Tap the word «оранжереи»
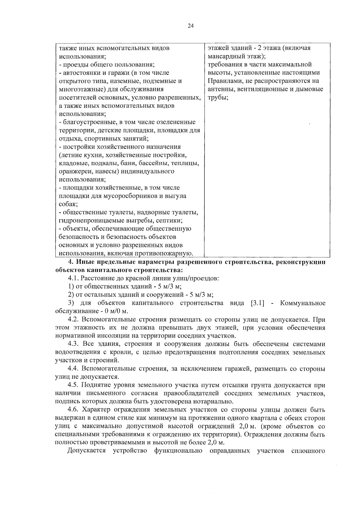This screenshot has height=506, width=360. click(x=73, y=171)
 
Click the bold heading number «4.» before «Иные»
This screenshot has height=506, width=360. click(x=71, y=262)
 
